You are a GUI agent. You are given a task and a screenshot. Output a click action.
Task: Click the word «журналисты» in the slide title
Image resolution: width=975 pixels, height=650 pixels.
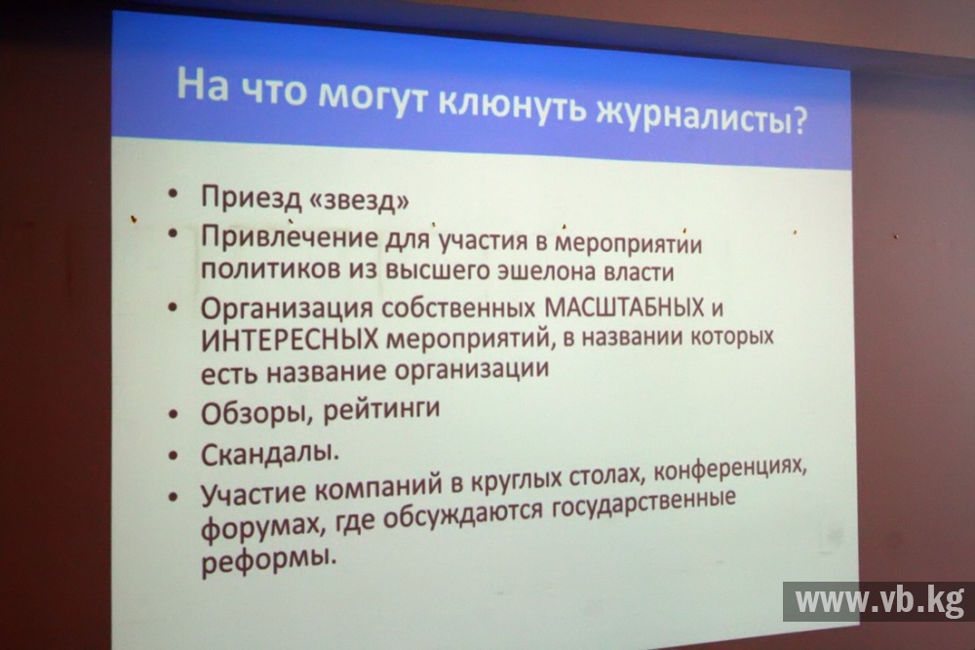(689, 116)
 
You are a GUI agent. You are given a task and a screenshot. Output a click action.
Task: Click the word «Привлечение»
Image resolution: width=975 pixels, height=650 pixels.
(290, 236)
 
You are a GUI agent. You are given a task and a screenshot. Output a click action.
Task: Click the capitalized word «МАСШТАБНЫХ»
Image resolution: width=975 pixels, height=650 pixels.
(624, 306)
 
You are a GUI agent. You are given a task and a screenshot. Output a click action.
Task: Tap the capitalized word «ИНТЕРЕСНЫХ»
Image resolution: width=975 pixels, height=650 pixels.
(290, 340)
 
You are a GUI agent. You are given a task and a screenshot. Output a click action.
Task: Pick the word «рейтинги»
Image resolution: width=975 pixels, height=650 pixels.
(382, 410)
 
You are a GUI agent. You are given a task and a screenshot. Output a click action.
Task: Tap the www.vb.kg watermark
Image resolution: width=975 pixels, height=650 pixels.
(879, 601)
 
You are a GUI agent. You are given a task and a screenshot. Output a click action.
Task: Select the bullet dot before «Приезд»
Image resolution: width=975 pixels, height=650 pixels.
(173, 193)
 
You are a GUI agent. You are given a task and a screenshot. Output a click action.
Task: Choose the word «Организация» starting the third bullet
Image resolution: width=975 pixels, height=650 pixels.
(287, 308)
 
